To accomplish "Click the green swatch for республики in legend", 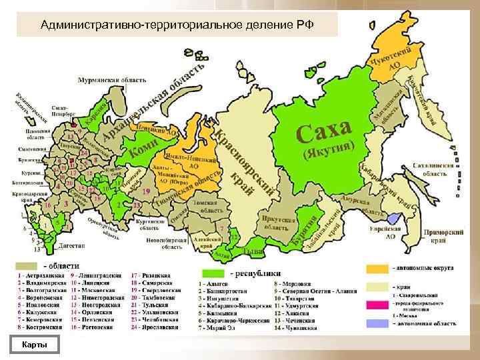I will (213, 273).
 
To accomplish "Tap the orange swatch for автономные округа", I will (376, 268).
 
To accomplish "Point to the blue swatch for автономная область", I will (376, 323).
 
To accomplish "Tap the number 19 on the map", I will (146, 191).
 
